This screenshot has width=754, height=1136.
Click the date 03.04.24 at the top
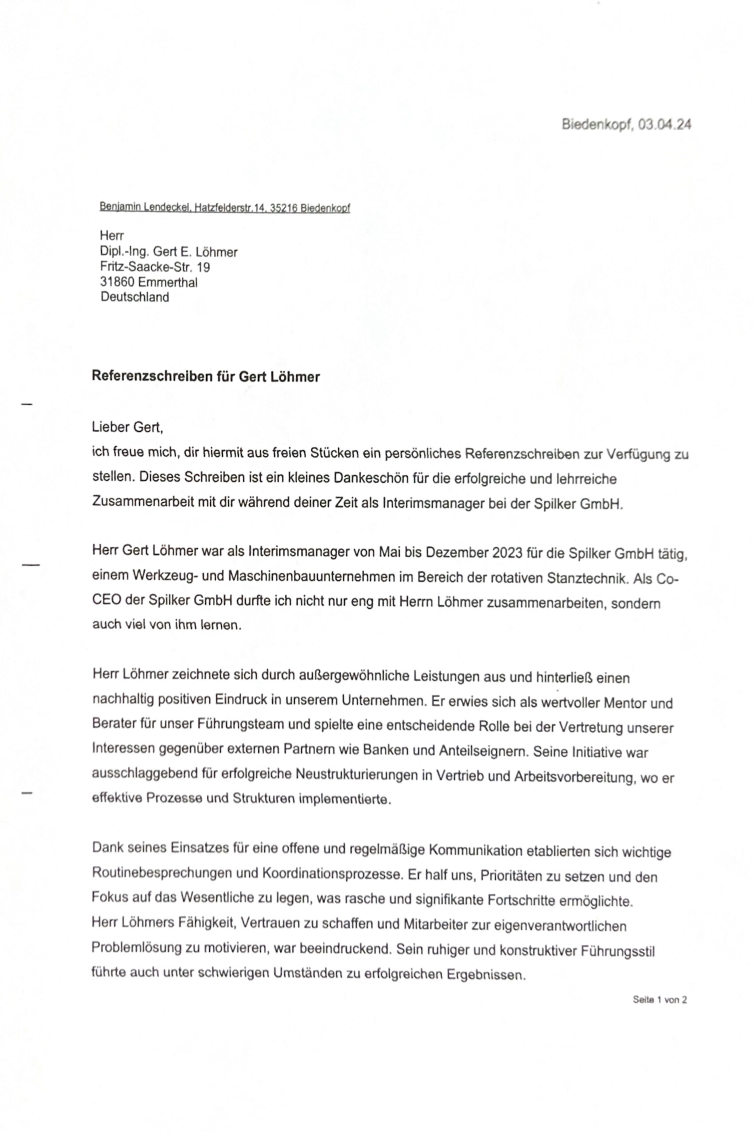pos(665,125)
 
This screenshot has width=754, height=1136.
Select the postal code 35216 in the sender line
pos(284,208)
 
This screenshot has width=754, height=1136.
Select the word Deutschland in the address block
pos(135,297)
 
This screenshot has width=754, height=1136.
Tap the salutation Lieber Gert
pos(127,427)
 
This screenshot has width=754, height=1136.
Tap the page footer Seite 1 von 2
pos(659,999)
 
